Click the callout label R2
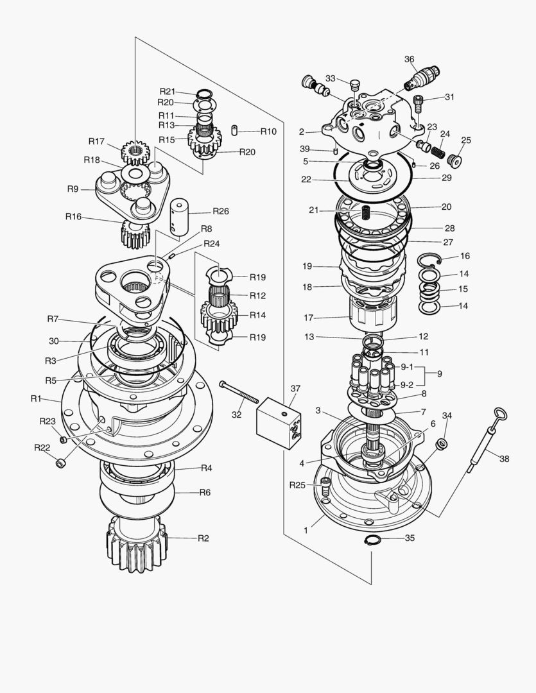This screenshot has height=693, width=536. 203,538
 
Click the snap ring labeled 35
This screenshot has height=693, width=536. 372,541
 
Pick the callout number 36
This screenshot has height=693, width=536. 409,59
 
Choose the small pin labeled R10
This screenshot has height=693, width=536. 235,131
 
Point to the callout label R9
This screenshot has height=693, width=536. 73,189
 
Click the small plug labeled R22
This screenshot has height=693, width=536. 60,463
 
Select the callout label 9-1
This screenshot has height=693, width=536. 407,366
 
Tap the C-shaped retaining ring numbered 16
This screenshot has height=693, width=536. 428,259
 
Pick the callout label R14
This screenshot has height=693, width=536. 240,315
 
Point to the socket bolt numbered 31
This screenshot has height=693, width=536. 419,103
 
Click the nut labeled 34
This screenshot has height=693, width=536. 442,445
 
